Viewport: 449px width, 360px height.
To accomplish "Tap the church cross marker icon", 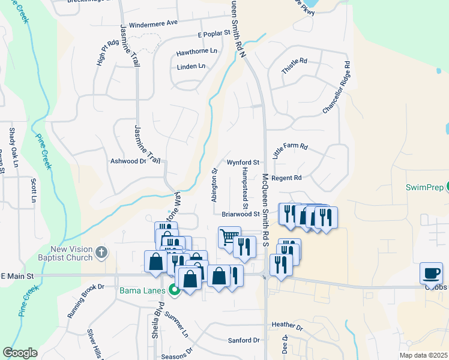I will (101, 254).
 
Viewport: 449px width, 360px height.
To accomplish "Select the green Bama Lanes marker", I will (175, 291).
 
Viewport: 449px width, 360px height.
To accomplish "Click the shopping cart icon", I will (229, 237).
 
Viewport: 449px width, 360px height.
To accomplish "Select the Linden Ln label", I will (191, 67).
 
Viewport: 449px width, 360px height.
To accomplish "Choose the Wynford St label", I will (243, 163).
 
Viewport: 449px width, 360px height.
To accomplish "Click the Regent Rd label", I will (286, 178).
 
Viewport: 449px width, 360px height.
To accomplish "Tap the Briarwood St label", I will (240, 214).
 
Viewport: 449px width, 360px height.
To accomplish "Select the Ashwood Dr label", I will (128, 161).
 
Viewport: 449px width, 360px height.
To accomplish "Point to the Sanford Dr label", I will (244, 340).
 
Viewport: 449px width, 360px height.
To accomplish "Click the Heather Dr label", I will (287, 326).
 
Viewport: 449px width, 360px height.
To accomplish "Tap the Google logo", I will (20, 353).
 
